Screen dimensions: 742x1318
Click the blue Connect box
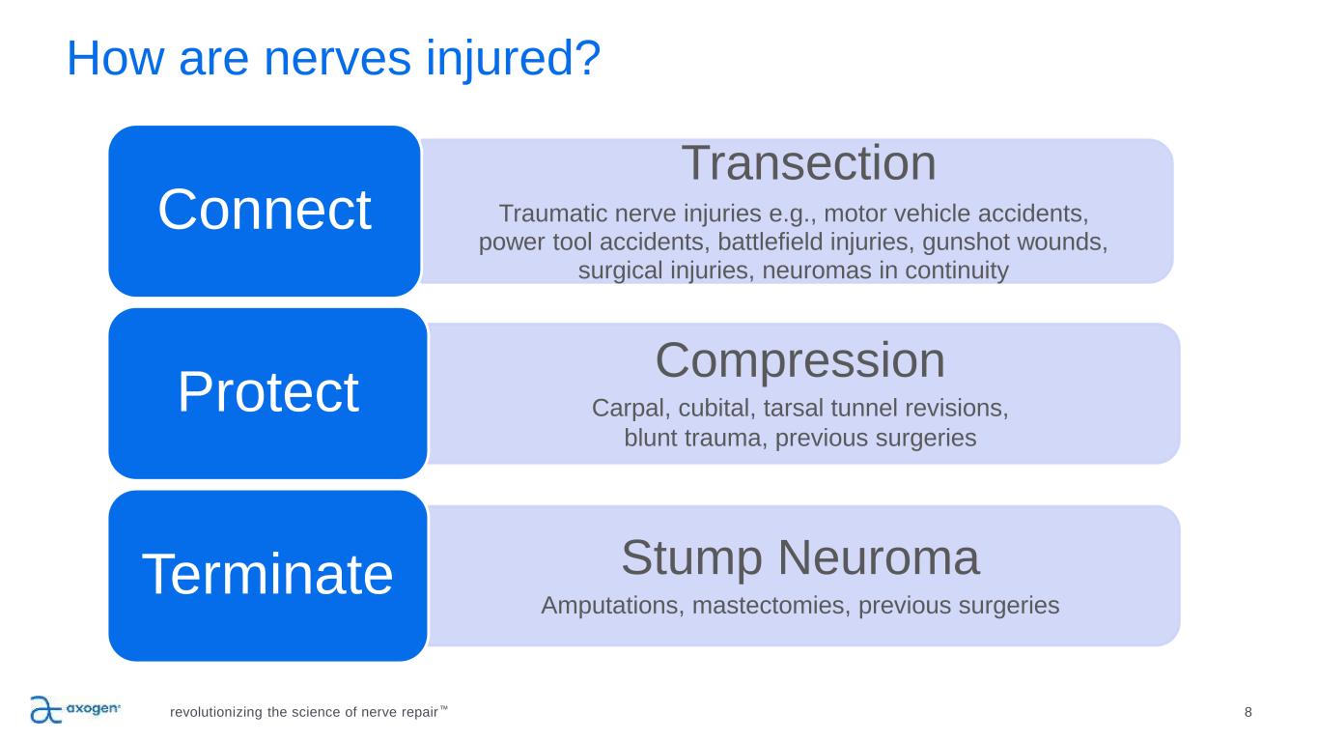coord(264,211)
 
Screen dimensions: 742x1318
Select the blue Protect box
coord(267,393)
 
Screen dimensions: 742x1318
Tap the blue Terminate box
coord(267,576)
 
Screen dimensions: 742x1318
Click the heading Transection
coord(808,163)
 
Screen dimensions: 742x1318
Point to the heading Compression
coord(799,360)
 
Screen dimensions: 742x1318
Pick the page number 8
coord(1248,712)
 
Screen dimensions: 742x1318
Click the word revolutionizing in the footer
coord(215,713)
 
